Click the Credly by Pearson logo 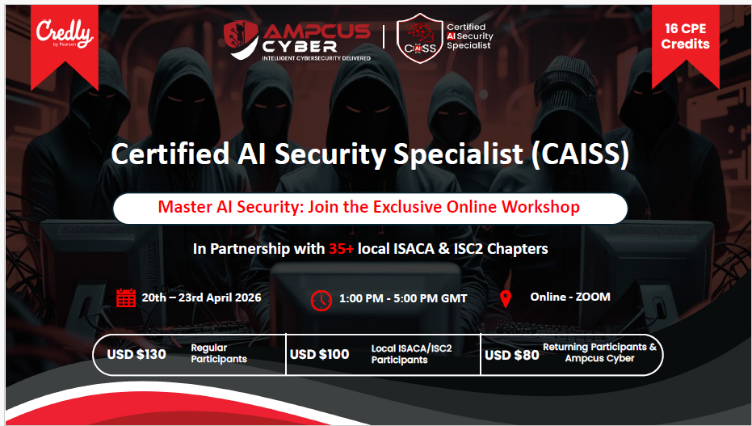click(65, 35)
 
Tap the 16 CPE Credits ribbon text click(685, 36)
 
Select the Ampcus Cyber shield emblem click(242, 40)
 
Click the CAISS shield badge click(420, 38)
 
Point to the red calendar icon click(126, 297)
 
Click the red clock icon click(321, 301)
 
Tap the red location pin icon click(506, 298)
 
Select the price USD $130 click(137, 355)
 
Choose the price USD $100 click(319, 355)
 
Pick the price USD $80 click(512, 356)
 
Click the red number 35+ click(341, 248)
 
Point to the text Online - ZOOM click(570, 297)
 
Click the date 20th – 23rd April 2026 click(201, 297)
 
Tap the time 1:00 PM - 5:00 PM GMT click(403, 298)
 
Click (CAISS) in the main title click(579, 154)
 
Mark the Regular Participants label click(219, 353)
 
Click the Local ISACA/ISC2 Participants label click(411, 354)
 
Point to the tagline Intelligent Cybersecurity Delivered click(316, 58)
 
